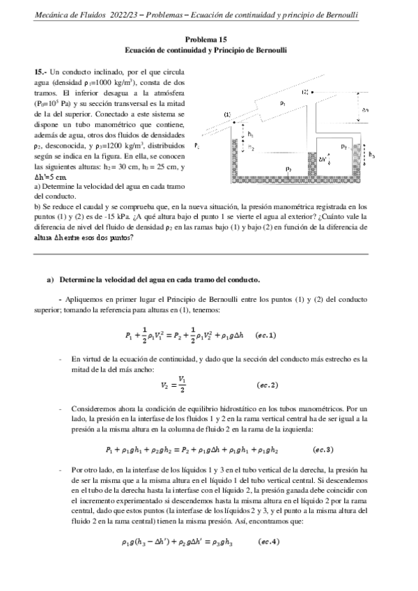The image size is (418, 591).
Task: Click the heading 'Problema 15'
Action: click(209, 40)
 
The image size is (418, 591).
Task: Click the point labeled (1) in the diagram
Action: click(227, 114)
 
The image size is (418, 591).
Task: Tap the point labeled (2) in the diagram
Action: click(305, 92)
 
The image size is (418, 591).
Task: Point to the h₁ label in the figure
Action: click(251, 135)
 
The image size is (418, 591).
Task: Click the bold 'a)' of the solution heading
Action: click(50, 279)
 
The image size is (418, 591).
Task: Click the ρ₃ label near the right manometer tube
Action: click(343, 147)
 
